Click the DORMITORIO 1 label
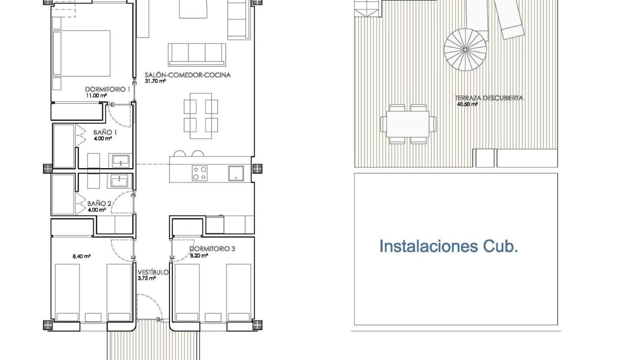click(x=108, y=89)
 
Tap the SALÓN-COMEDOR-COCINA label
click(x=188, y=75)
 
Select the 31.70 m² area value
click(x=155, y=81)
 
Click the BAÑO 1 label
click(x=105, y=132)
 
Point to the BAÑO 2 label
click(x=99, y=203)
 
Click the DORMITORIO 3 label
click(x=212, y=249)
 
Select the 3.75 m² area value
click(x=147, y=279)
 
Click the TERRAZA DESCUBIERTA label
click(x=489, y=98)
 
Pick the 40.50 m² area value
click(x=467, y=104)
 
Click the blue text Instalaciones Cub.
click(x=448, y=246)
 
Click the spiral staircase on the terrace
click(x=465, y=49)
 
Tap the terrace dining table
click(x=408, y=124)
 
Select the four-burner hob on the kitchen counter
click(x=199, y=173)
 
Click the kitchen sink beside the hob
click(x=236, y=173)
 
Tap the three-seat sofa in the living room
click(x=196, y=54)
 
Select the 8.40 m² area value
click(x=81, y=256)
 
